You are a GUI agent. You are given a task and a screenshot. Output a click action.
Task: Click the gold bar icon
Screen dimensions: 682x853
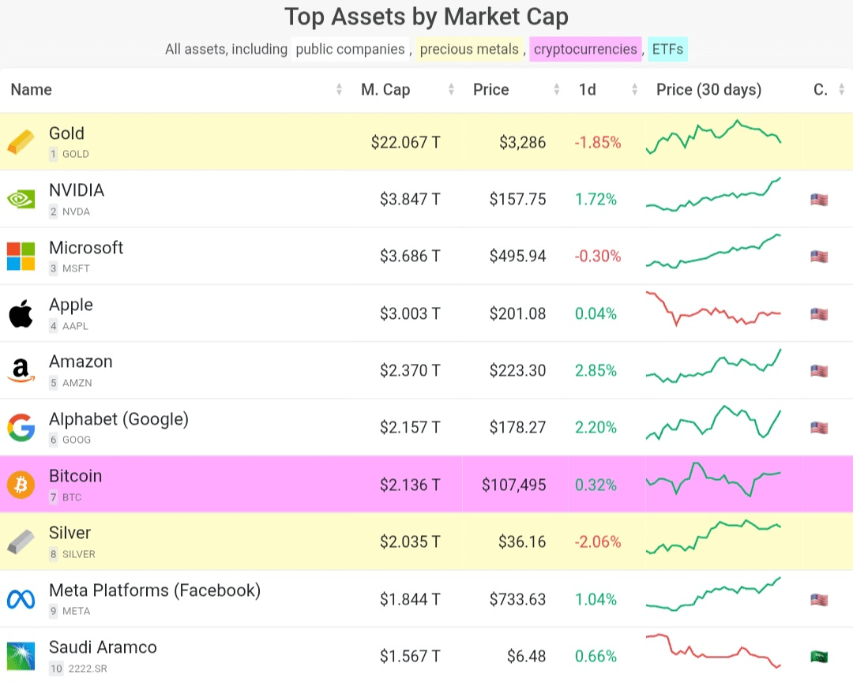point(21,142)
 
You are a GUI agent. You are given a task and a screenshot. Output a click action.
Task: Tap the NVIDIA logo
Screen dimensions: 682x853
point(21,199)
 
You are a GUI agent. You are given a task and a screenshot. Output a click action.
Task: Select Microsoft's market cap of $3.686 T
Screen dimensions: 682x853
point(410,256)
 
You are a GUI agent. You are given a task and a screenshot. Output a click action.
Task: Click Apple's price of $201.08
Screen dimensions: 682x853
point(517,313)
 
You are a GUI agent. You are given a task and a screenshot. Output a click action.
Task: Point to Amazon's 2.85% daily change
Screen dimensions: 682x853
point(596,370)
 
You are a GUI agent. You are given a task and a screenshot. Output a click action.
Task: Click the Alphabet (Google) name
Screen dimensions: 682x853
point(118,418)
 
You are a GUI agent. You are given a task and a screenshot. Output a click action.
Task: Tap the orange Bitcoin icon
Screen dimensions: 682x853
point(21,485)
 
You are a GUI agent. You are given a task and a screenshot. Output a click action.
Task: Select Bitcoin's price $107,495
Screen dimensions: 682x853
point(513,485)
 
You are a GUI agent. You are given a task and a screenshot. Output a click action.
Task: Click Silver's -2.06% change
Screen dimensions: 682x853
point(598,541)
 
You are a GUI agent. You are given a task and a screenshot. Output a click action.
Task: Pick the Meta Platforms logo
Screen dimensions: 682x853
point(21,599)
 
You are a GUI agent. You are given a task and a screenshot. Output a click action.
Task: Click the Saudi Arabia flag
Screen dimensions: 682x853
point(819,656)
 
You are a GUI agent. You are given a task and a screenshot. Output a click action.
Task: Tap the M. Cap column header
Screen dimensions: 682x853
point(385,89)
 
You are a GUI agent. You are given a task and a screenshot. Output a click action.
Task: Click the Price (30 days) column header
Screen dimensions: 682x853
point(708,89)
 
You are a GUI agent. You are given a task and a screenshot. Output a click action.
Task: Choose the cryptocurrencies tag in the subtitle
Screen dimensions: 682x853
point(585,49)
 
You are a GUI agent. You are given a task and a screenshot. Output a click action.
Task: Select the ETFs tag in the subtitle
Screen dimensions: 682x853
point(667,49)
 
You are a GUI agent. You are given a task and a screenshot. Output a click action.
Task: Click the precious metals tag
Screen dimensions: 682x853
point(469,49)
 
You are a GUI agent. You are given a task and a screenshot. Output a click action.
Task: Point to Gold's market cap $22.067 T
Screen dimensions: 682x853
point(405,142)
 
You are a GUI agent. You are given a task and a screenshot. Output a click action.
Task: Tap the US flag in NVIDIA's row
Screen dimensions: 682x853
point(819,199)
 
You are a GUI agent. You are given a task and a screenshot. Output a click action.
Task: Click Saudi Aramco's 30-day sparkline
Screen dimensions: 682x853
point(713,652)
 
